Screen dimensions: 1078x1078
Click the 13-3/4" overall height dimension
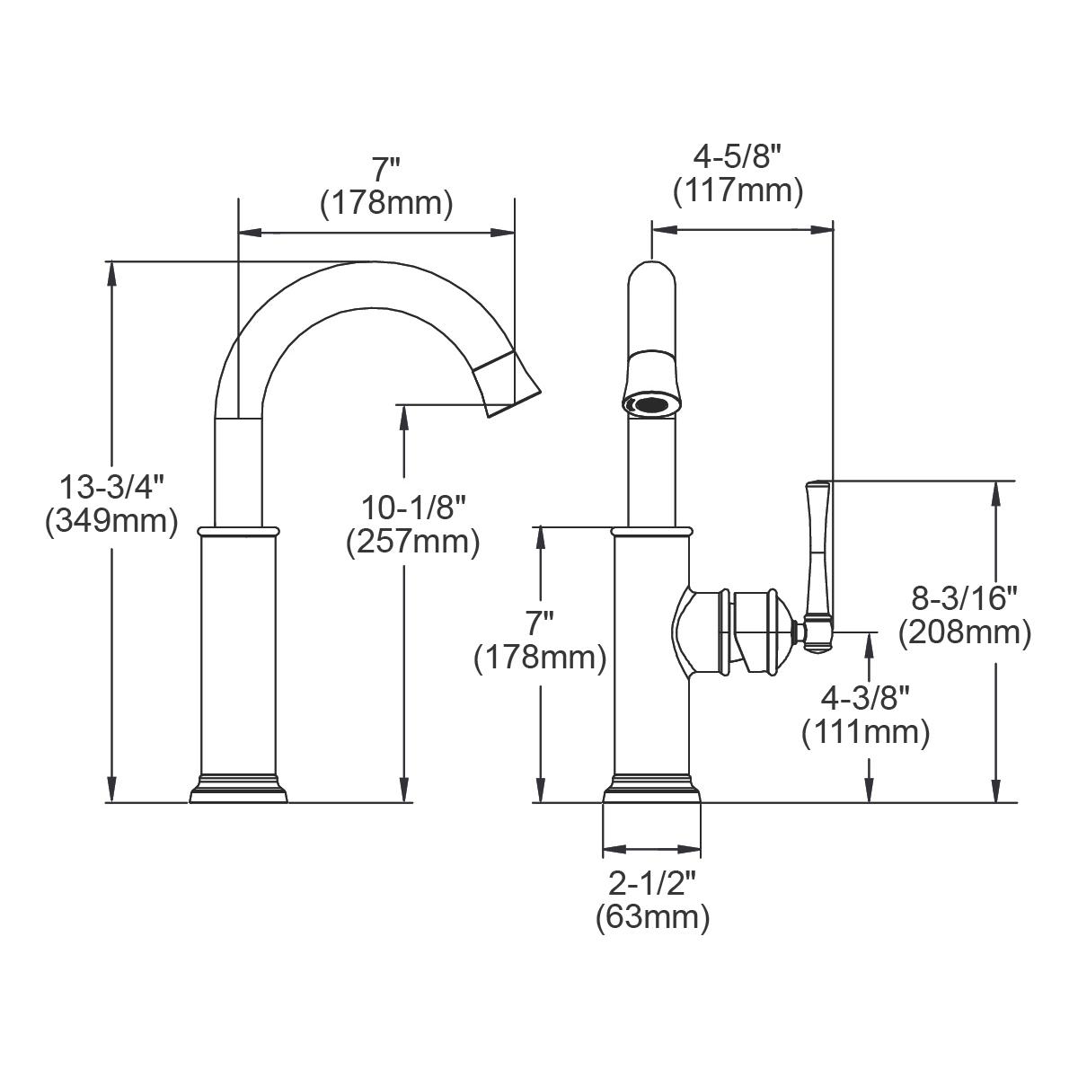[111, 488]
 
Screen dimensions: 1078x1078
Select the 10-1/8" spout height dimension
[413, 509]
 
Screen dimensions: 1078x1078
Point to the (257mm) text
[413, 542]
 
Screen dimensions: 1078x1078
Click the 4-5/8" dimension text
[738, 158]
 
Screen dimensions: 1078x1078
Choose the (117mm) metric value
[738, 190]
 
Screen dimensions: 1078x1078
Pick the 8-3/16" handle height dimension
[964, 596]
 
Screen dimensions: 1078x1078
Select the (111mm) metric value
[864, 732]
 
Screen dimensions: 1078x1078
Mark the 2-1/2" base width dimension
[652, 884]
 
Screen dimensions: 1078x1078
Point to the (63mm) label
[652, 917]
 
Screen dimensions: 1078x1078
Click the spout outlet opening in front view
[651, 404]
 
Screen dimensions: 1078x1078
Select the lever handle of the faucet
[817, 557]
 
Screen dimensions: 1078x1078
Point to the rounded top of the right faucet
[651, 274]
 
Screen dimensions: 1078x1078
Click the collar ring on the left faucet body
[236, 532]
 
